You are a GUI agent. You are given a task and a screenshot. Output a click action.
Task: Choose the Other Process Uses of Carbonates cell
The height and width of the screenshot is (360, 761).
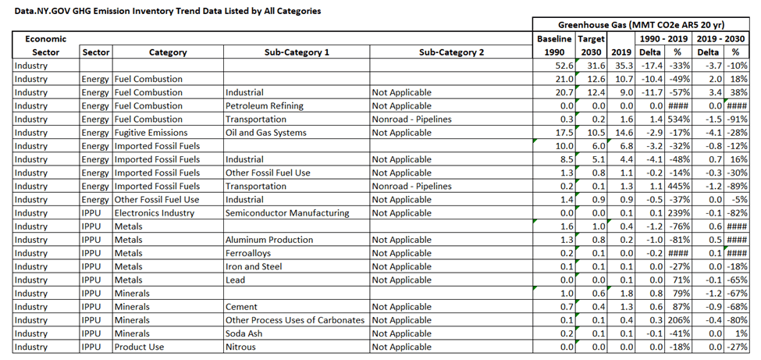click(295, 320)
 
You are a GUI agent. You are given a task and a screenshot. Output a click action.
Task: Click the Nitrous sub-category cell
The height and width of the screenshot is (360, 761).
click(240, 347)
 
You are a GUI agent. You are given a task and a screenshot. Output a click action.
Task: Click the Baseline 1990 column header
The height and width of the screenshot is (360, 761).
click(555, 45)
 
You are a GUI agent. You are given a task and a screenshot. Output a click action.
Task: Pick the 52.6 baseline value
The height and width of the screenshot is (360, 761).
click(564, 66)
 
